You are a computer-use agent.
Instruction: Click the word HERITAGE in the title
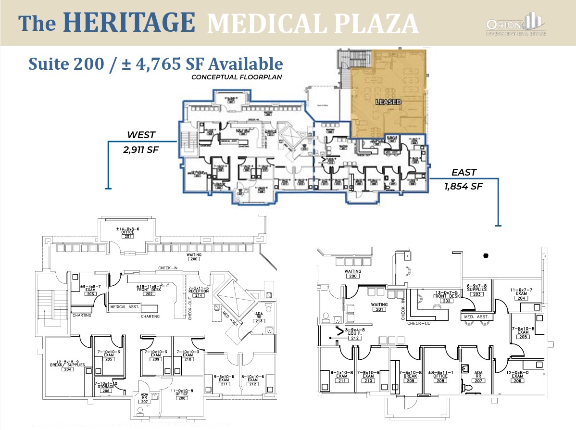(129, 23)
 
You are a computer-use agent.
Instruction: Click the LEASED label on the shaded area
(388, 102)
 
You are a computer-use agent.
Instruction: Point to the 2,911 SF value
(141, 150)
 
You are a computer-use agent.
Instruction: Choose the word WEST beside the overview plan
(141, 135)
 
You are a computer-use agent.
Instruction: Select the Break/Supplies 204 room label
(67, 365)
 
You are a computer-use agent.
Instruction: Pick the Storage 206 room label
(106, 387)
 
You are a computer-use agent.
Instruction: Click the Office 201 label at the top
(127, 232)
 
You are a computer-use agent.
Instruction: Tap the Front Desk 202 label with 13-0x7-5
(433, 297)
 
